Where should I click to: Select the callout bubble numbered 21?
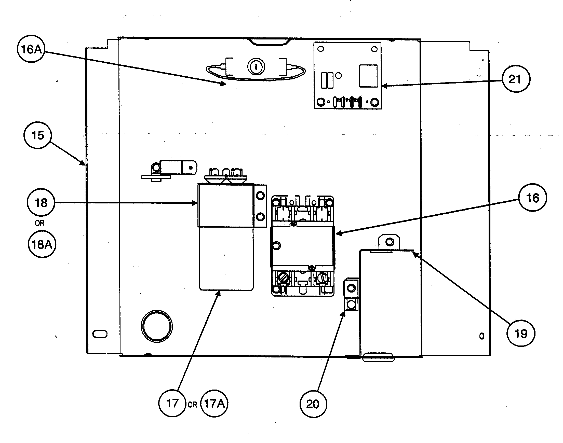pyautogui.click(x=516, y=79)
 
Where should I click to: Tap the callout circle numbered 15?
pyautogui.click(x=38, y=135)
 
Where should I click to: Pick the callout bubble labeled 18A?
pyautogui.click(x=42, y=244)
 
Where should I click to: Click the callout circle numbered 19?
pyautogui.click(x=520, y=333)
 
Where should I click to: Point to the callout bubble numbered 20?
pyautogui.click(x=313, y=404)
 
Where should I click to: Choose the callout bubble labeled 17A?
pyautogui.click(x=215, y=403)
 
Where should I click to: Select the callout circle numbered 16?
pyautogui.click(x=532, y=198)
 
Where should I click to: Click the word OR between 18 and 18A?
pyautogui.click(x=40, y=223)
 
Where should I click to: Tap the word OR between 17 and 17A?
pyautogui.click(x=192, y=405)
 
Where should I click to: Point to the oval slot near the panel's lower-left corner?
pyautogui.click(x=100, y=334)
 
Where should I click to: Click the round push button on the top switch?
pyautogui.click(x=256, y=67)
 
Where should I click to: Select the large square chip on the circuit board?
pyautogui.click(x=368, y=76)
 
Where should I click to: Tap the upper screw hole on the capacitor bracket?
pyautogui.click(x=260, y=196)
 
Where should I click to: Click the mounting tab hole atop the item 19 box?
pyautogui.click(x=389, y=242)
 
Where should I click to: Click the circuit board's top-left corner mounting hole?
pyautogui.click(x=321, y=49)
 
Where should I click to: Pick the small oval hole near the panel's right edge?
pyautogui.click(x=482, y=336)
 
